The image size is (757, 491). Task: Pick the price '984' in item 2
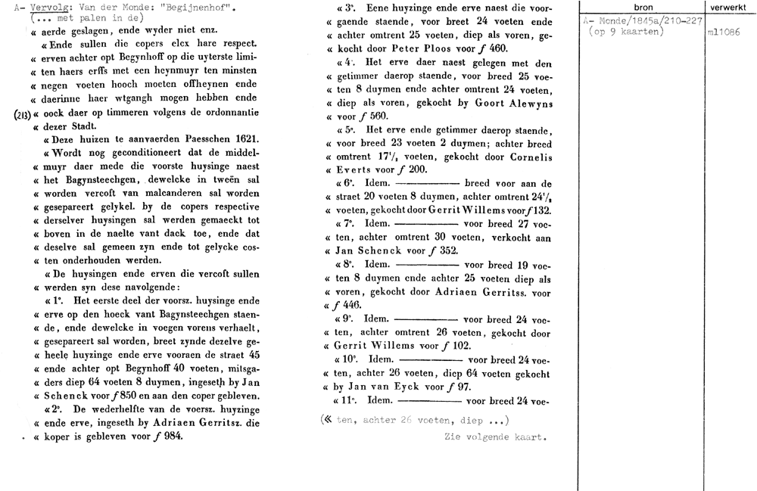(172, 436)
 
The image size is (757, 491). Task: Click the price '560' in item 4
(378, 116)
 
